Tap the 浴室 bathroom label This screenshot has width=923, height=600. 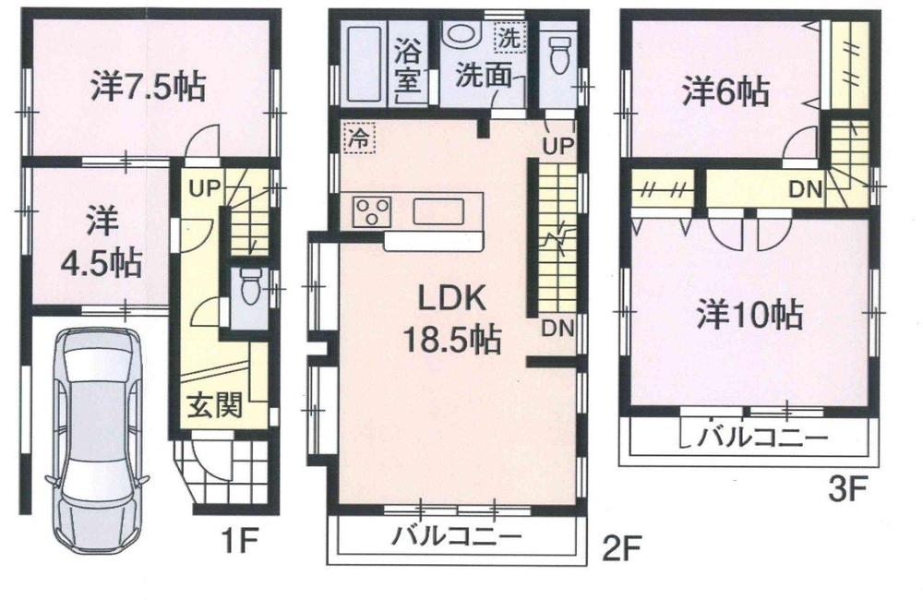[406, 63]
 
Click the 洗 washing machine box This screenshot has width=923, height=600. [509, 38]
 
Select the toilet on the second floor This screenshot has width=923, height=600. [558, 54]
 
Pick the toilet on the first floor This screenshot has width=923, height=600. [246, 290]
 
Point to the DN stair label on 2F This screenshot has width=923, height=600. [556, 327]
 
